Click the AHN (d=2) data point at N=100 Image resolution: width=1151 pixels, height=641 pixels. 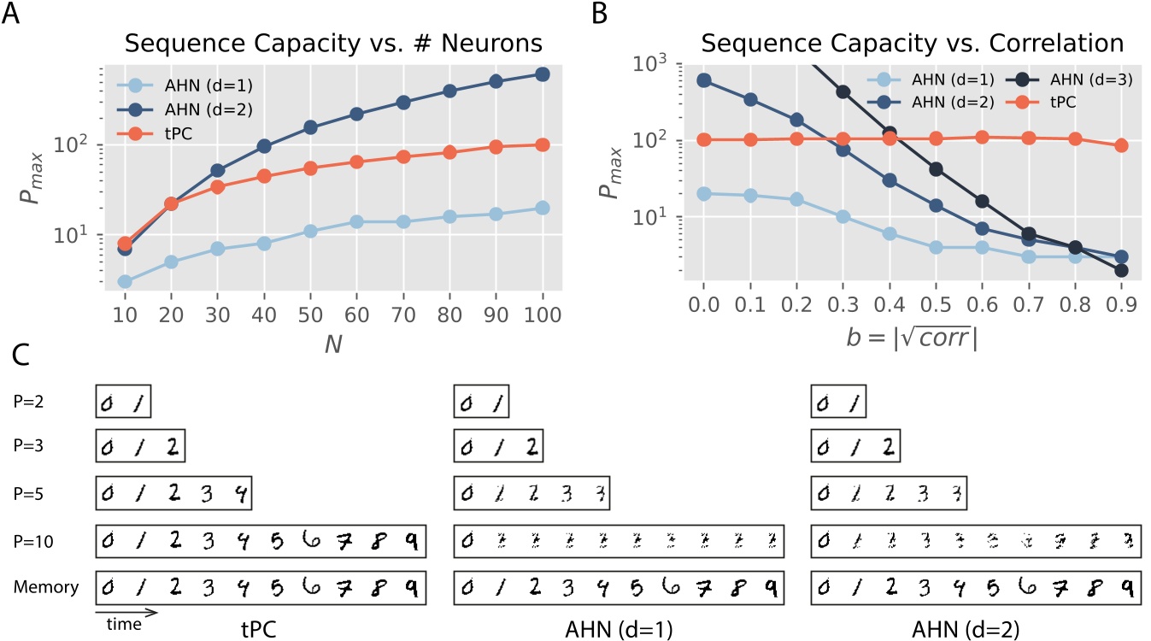click(x=541, y=74)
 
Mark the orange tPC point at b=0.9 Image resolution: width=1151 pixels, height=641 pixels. click(x=1121, y=145)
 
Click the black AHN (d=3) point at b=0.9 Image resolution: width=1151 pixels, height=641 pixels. click(x=1121, y=270)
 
